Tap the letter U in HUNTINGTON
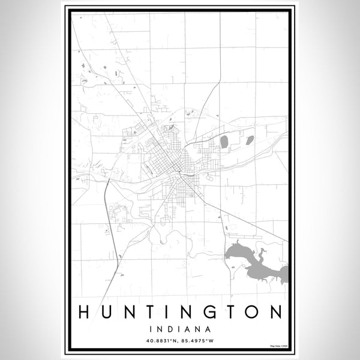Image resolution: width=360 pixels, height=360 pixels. [106, 312]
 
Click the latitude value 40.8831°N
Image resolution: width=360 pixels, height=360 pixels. [162, 340]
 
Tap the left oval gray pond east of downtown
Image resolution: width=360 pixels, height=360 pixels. [224, 142]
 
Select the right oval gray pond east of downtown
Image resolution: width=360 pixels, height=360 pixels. [248, 140]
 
